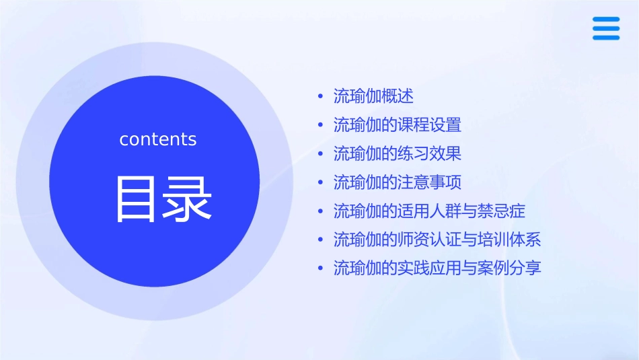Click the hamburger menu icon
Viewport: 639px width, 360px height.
click(605, 29)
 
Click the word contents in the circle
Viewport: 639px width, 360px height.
click(158, 139)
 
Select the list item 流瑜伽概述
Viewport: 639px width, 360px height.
click(373, 96)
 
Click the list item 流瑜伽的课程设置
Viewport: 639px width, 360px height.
click(397, 125)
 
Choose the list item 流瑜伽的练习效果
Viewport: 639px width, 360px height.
click(397, 153)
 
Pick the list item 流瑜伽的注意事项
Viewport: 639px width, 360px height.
click(397, 182)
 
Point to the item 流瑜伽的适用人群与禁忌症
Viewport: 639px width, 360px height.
click(429, 211)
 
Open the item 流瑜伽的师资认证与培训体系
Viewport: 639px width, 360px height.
click(437, 240)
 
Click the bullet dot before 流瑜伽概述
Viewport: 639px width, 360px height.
click(320, 97)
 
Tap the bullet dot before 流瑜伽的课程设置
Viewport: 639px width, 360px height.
click(320, 126)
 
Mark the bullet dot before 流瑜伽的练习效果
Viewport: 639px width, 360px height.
click(320, 154)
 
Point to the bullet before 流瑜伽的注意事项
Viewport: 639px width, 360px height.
click(320, 183)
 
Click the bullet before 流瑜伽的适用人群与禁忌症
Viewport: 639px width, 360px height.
click(320, 212)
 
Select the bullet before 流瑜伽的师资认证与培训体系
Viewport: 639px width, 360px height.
click(320, 240)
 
